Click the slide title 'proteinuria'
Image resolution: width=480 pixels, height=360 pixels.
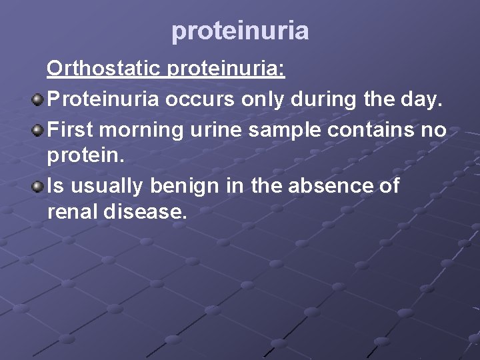[240, 31]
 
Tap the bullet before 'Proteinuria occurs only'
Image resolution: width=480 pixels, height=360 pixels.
[38, 100]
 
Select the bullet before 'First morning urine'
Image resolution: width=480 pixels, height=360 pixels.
[38, 129]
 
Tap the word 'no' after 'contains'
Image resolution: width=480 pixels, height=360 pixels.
[435, 129]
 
